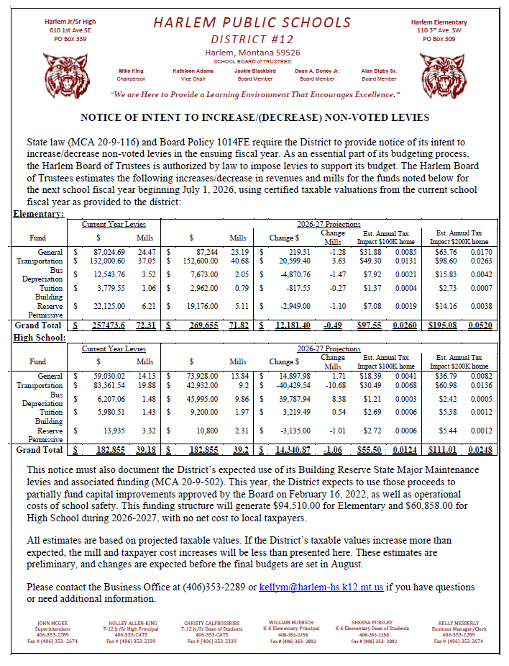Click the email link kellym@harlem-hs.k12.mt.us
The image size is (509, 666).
point(321,588)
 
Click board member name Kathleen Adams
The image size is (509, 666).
point(193,71)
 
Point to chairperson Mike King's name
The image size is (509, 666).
point(131,71)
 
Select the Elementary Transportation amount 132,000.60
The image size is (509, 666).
point(105,261)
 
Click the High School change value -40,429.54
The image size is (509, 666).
point(289,386)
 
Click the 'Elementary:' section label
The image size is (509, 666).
point(38,214)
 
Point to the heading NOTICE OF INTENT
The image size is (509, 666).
point(254,117)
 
